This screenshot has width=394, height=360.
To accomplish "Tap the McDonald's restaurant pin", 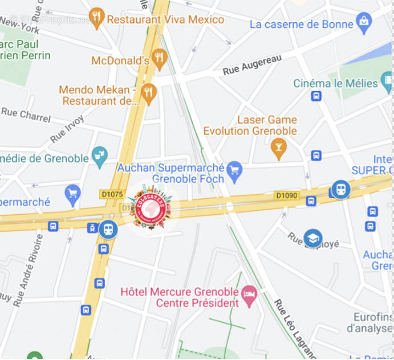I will click(159, 58).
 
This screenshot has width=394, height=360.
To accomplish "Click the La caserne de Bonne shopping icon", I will click(363, 22).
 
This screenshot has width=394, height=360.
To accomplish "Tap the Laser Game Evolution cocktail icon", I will click(279, 148).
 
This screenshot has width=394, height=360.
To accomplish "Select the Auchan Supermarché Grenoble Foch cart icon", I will click(234, 170).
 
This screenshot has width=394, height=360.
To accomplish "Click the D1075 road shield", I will click(112, 194).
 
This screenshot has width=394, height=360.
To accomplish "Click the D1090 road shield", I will click(287, 195).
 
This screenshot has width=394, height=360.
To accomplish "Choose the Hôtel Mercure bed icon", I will click(249, 294).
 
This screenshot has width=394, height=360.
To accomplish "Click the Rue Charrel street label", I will click(27, 114).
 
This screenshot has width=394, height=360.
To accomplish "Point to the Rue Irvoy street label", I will click(67, 129).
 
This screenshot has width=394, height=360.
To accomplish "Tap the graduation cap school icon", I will click(313, 238).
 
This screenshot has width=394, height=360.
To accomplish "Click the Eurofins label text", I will click(368, 317).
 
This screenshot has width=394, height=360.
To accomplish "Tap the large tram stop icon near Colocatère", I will click(108, 230).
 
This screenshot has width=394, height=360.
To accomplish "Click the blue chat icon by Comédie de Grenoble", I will click(100, 155).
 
